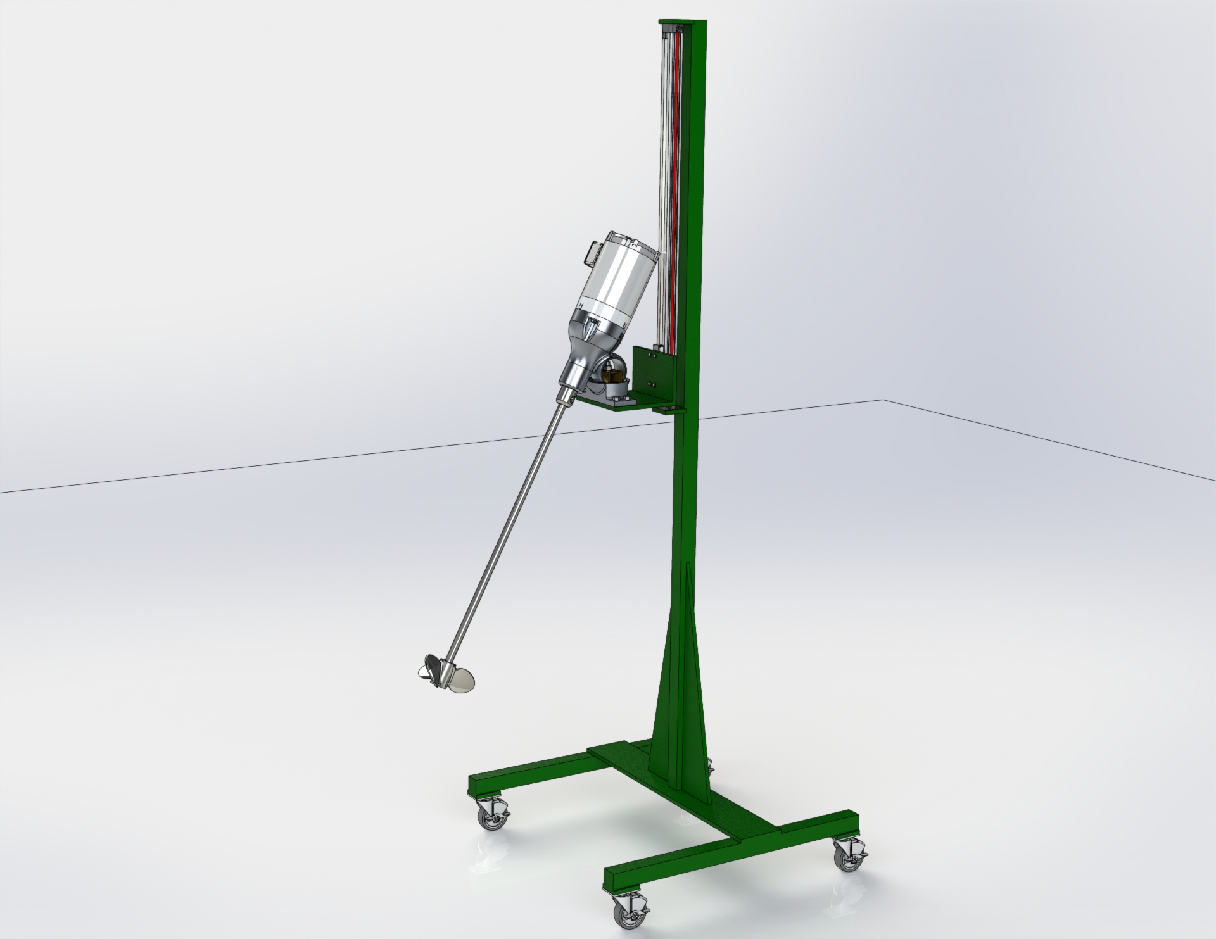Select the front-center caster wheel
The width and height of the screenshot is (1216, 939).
pos(628,912)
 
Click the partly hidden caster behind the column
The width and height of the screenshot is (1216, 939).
pos(709,768)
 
